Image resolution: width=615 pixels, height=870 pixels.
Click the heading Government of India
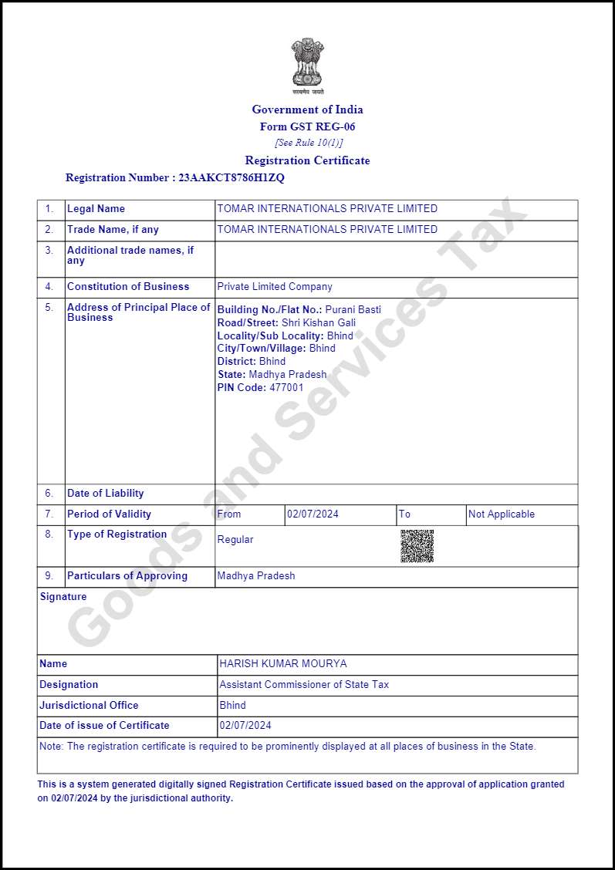307,110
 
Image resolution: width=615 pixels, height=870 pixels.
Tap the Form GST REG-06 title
307,126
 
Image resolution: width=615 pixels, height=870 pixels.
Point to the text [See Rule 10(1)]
308,143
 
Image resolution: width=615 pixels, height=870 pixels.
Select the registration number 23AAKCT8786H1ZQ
231,177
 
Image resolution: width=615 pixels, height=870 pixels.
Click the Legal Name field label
96,209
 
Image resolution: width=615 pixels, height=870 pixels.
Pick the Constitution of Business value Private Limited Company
275,287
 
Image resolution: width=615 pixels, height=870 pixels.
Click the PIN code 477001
286,387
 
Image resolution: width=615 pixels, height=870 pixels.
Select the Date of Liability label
105,494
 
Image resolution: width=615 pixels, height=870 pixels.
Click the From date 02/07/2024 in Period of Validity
313,514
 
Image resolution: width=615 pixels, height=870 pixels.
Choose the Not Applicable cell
502,514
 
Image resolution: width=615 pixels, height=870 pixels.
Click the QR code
417,546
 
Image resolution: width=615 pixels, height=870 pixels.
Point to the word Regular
235,540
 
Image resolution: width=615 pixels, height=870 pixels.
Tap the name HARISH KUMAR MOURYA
283,664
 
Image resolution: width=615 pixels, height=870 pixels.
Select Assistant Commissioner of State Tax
304,685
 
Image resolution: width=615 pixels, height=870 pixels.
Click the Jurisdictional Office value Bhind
232,705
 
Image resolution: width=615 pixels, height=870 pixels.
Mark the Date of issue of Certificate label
104,726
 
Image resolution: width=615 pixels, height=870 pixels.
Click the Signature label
63,597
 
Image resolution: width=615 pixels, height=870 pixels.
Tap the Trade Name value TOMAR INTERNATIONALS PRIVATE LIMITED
327,230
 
